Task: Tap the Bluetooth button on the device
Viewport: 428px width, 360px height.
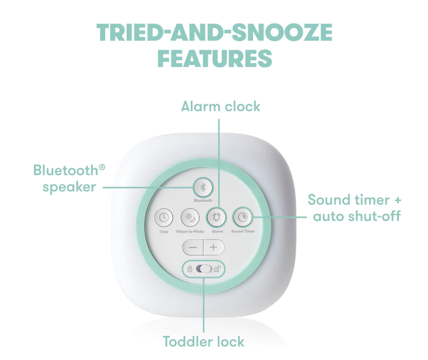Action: pyautogui.click(x=203, y=188)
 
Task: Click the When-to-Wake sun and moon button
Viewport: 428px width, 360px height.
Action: pyautogui.click(x=190, y=218)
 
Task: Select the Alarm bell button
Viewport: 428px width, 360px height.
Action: pyautogui.click(x=216, y=218)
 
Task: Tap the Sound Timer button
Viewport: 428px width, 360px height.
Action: pyautogui.click(x=242, y=218)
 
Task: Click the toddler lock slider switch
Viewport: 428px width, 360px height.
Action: pyautogui.click(x=204, y=269)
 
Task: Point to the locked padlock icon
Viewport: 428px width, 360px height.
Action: pyautogui.click(x=190, y=269)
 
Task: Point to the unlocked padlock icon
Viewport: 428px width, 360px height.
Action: pyautogui.click(x=217, y=269)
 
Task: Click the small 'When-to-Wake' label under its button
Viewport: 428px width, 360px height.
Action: pyautogui.click(x=190, y=232)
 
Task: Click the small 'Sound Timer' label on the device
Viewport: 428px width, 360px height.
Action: pyautogui.click(x=243, y=231)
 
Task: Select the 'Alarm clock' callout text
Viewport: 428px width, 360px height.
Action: pyautogui.click(x=220, y=106)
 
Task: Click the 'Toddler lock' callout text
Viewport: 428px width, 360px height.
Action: pyautogui.click(x=203, y=342)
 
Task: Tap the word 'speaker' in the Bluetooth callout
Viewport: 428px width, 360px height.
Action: pyautogui.click(x=69, y=188)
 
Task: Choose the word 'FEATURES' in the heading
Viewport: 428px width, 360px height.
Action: pyautogui.click(x=215, y=58)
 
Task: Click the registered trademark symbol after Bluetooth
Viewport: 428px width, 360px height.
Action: pyautogui.click(x=102, y=167)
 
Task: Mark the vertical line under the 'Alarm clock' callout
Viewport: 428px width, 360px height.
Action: pyautogui.click(x=219, y=164)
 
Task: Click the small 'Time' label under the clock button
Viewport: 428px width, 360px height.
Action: pyautogui.click(x=164, y=232)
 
